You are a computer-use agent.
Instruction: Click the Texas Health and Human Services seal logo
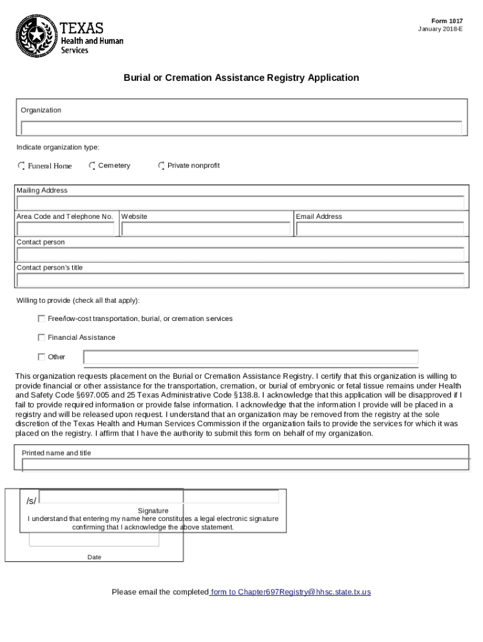point(36,36)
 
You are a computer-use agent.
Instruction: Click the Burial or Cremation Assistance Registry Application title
point(241,78)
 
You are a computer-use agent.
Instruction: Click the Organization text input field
point(241,128)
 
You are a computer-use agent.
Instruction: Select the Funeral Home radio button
point(21,166)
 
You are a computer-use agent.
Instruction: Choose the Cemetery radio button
point(92,166)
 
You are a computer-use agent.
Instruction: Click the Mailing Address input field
point(241,203)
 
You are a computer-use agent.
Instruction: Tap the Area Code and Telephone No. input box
point(66,229)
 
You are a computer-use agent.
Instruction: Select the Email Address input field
point(379,229)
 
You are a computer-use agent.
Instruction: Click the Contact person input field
point(241,255)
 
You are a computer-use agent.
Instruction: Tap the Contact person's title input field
point(241,280)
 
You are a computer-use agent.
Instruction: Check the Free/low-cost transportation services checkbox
point(41,318)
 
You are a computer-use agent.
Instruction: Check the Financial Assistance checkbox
point(41,337)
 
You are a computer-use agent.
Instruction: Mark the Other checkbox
point(41,357)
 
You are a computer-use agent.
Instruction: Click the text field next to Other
point(251,357)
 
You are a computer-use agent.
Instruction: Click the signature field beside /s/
point(159,497)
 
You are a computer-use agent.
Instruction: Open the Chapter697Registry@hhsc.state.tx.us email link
point(290,592)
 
